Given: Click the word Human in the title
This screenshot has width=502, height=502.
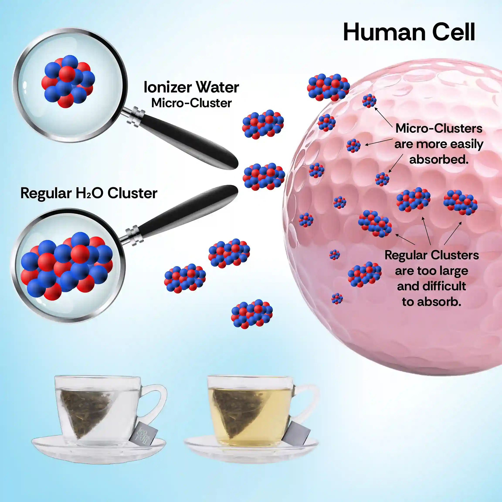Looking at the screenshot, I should [x=383, y=32].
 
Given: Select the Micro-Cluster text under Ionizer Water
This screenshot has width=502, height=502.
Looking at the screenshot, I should [x=192, y=103].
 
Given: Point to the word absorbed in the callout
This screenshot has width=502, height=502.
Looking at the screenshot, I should [x=439, y=159].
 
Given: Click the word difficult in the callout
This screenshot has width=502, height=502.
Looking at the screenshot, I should [x=444, y=286].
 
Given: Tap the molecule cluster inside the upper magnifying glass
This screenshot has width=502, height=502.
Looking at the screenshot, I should [x=68, y=81].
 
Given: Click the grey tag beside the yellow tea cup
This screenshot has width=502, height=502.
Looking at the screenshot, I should [x=296, y=436].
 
